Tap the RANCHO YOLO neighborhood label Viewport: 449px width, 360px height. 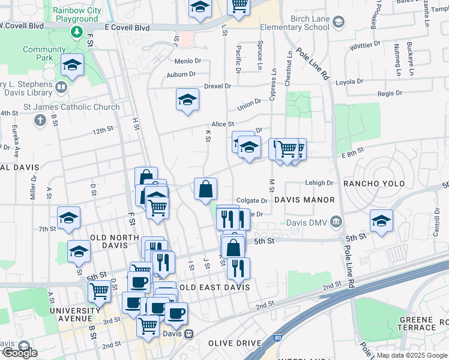pos(373,183)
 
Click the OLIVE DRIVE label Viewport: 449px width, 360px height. pos(235,343)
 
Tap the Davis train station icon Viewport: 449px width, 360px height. pos(188,334)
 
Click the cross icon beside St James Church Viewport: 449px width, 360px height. pos(40,121)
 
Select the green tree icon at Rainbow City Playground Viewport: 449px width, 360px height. pos(76,30)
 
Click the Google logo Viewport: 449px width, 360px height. pos(19,353)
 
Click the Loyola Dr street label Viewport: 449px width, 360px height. pos(349,82)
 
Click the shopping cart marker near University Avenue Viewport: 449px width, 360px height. pos(99,292)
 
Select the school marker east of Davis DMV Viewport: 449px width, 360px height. pos(381,221)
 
